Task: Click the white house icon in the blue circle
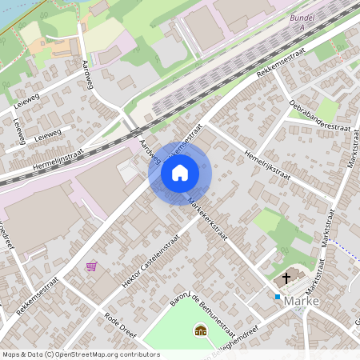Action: (x=180, y=172)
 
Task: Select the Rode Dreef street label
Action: (x=122, y=329)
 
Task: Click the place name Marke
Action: (x=301, y=302)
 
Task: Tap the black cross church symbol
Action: (x=286, y=281)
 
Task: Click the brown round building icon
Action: (x=200, y=330)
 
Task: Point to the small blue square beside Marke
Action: (x=278, y=297)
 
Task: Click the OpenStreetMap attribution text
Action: (x=80, y=354)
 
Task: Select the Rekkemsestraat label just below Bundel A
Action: (x=283, y=61)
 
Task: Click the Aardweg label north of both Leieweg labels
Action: (x=89, y=72)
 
